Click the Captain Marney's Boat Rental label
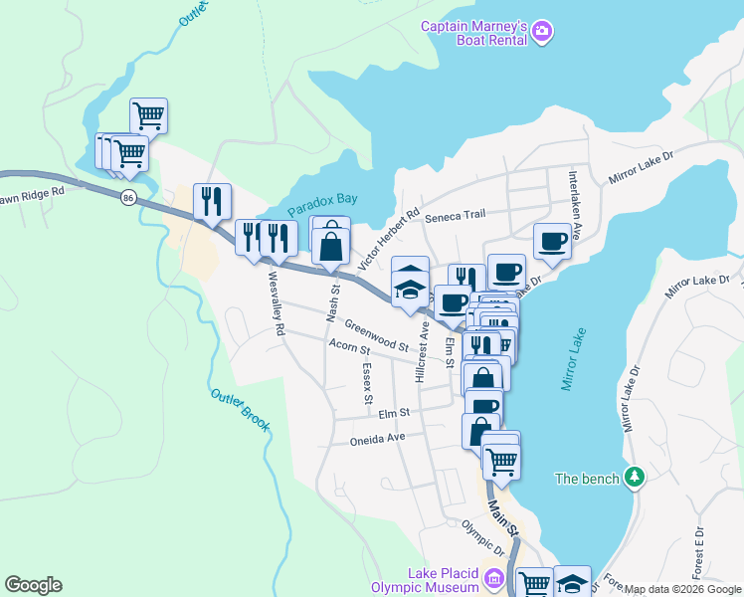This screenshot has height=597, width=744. [473, 34]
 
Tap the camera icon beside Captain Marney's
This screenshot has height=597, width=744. [542, 33]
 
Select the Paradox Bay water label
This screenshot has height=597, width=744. [322, 204]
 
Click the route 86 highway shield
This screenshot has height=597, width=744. [128, 199]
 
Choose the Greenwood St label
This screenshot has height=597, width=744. [377, 335]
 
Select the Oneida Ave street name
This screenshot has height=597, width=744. [377, 439]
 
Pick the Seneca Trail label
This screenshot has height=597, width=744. [455, 215]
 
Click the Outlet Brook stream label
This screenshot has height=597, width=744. [241, 408]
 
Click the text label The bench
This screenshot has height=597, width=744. [587, 479]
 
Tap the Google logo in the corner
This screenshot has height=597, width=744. [33, 585]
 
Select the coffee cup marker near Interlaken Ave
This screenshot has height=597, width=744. [552, 241]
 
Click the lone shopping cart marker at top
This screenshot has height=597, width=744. [148, 114]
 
